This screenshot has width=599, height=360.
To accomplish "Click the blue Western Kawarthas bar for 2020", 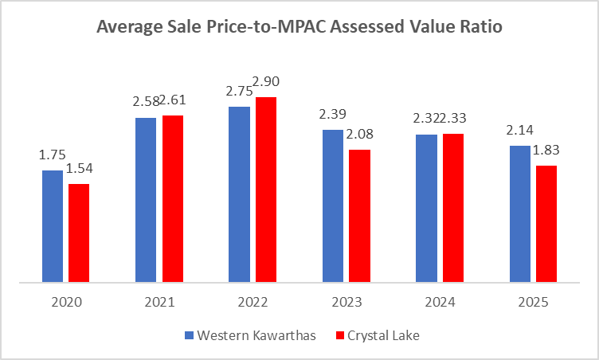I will coord(53,226).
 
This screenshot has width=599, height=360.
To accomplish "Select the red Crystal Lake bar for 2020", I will coord(79,233).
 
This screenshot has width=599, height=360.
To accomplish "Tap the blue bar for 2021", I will coord(146,200).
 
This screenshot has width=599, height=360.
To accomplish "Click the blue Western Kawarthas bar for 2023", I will coord(333,205).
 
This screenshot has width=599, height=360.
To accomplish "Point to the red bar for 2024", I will coord(453,208).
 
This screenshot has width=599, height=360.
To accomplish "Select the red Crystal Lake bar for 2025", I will coord(546,224).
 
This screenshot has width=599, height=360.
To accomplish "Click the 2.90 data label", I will coord(267,81).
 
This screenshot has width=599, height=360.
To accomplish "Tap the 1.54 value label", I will coord(79,169).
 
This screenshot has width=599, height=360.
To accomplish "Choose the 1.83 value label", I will coord(546,150).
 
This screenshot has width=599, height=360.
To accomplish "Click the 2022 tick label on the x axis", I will coord(253,303).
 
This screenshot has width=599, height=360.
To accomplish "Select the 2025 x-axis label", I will coord(533,303).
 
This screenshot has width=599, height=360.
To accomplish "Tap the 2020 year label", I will coord(66,303).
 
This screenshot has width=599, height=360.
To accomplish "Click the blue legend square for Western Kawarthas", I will coord(189,335).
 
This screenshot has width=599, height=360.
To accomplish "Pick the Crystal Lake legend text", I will coord(386,335).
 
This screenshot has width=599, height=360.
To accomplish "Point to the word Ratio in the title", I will coord(480,27).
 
